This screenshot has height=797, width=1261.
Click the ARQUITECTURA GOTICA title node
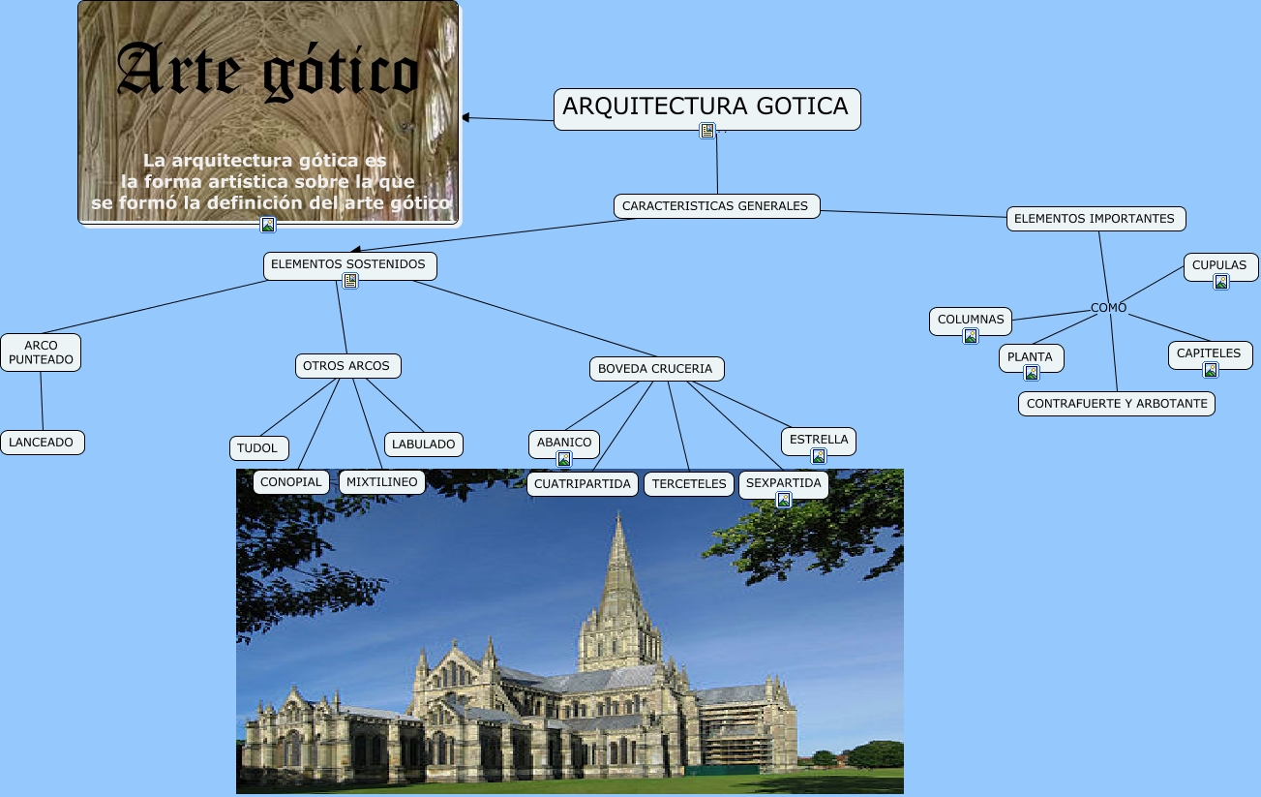[706, 107]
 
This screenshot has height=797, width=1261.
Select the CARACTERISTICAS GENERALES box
[715, 206]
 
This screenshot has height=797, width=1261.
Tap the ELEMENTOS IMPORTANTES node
[1095, 219]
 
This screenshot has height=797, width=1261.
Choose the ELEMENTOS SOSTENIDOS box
[348, 264]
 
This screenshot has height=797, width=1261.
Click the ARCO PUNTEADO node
[41, 353]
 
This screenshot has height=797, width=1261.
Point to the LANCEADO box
[42, 443]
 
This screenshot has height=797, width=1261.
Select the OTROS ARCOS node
[346, 366]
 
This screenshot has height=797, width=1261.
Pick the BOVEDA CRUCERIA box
[655, 369]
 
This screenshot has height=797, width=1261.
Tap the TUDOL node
[257, 448]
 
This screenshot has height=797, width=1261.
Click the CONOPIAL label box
[291, 482]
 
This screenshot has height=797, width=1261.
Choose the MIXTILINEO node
[382, 482]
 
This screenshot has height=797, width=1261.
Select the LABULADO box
[424, 444]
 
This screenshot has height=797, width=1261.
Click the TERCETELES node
[689, 484]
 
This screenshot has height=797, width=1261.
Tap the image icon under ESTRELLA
[819, 456]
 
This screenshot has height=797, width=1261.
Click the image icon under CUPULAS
[1221, 282]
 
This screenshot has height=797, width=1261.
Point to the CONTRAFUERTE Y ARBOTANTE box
[1116, 404]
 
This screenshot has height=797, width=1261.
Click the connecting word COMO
[1108, 308]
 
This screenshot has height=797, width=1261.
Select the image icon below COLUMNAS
[970, 336]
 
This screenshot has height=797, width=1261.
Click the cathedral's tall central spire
[617, 571]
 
